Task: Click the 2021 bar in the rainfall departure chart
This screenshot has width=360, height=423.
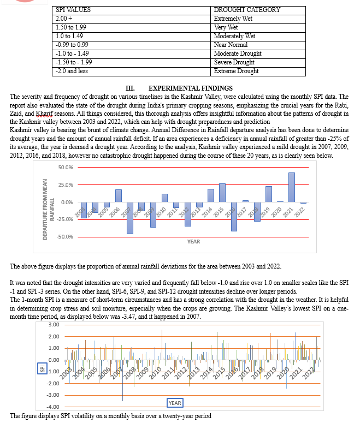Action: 292,187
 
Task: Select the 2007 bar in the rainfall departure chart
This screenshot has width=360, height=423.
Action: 130,218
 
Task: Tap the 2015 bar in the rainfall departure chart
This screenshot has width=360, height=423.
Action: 222,193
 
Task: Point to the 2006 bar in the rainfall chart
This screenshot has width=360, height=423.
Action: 118,196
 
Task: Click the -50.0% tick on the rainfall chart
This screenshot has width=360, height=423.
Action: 66,236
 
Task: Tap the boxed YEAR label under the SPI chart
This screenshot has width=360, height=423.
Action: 175,403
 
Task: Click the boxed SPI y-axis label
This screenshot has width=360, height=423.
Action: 42,369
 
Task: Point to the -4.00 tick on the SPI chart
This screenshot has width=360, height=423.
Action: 52,407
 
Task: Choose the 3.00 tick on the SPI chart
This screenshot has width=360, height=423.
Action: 54,325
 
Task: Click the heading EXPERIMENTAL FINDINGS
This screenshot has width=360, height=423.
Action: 190,88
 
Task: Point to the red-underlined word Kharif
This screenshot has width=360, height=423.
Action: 44,113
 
